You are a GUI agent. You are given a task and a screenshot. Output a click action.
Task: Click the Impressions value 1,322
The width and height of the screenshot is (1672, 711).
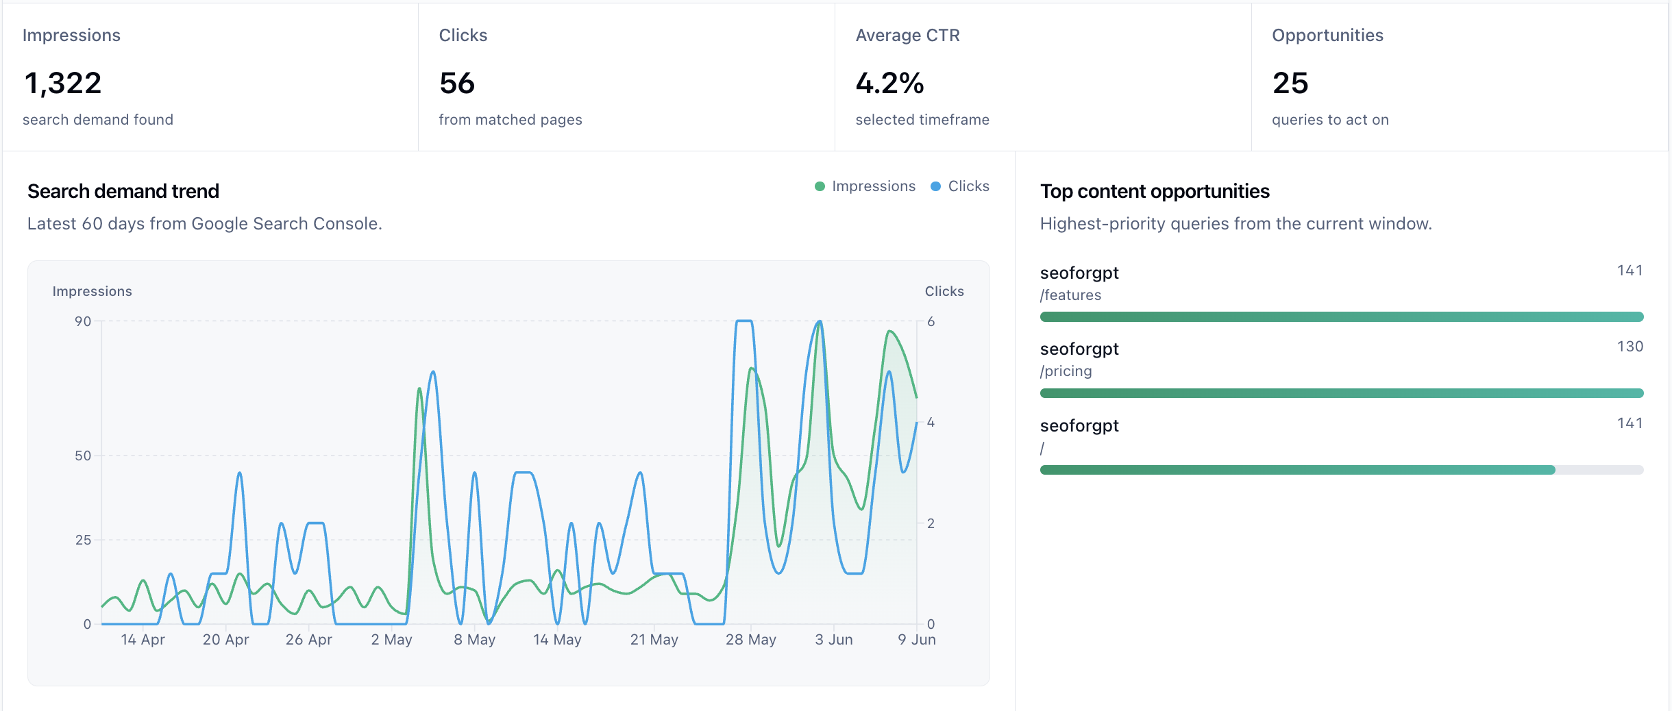(x=63, y=84)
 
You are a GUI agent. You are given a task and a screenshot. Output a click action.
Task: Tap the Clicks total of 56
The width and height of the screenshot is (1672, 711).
(x=457, y=84)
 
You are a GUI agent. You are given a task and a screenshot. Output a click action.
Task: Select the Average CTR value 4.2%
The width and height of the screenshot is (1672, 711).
(x=889, y=84)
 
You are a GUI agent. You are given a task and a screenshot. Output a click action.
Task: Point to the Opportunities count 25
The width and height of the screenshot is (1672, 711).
(x=1290, y=84)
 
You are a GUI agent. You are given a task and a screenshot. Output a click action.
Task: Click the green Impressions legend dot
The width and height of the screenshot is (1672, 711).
(x=820, y=186)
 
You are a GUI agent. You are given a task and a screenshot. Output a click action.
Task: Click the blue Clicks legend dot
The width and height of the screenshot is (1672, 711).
(x=935, y=186)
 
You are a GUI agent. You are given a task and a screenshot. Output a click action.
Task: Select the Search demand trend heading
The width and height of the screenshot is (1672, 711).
(x=123, y=191)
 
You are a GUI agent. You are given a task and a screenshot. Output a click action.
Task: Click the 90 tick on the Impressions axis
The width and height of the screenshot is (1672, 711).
(x=83, y=321)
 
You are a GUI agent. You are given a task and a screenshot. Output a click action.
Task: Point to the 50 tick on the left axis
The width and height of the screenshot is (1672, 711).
(x=83, y=456)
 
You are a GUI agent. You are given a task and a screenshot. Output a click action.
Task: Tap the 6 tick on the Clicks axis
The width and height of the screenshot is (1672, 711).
(x=931, y=321)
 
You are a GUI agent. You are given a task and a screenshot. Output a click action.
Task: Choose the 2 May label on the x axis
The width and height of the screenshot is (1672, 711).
(x=391, y=640)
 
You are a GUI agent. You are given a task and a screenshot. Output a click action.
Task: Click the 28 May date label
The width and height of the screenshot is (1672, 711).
(x=751, y=640)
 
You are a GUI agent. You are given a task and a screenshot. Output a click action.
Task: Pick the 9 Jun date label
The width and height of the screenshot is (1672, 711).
(x=917, y=640)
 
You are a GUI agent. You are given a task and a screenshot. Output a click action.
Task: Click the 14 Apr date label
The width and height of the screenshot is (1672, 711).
(x=143, y=640)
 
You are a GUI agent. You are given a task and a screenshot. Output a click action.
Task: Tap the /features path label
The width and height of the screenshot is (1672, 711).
(x=1070, y=295)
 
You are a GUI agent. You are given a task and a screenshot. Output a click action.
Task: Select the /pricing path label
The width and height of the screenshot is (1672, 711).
(x=1066, y=371)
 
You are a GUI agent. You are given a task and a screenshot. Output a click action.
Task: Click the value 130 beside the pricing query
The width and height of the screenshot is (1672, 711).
(x=1630, y=347)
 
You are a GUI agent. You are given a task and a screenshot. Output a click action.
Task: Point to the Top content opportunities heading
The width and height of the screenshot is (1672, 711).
(x=1155, y=191)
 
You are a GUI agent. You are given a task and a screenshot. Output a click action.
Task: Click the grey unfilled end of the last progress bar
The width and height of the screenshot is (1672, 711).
(x=1599, y=470)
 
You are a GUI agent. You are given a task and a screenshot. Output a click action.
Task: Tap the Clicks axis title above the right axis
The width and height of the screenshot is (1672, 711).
(x=944, y=291)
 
